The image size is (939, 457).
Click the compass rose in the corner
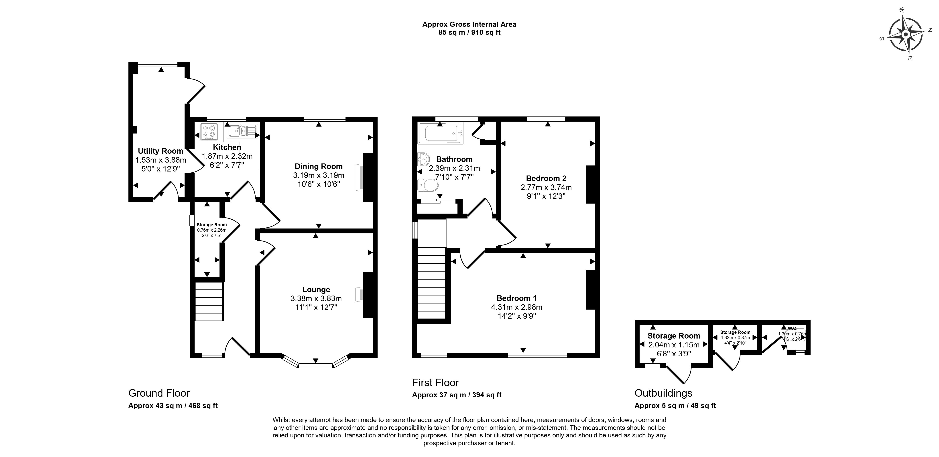click(x=905, y=35)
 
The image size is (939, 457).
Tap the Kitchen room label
click(x=227, y=147)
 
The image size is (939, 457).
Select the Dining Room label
click(x=319, y=166)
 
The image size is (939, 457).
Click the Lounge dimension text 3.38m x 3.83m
click(x=316, y=298)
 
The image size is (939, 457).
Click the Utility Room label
click(x=160, y=151)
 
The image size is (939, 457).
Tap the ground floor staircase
click(x=209, y=301)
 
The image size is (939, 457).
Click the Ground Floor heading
click(x=159, y=393)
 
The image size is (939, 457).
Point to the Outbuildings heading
click(x=663, y=393)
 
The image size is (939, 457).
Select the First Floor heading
click(x=436, y=383)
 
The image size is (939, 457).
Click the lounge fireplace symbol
click(x=359, y=294)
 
